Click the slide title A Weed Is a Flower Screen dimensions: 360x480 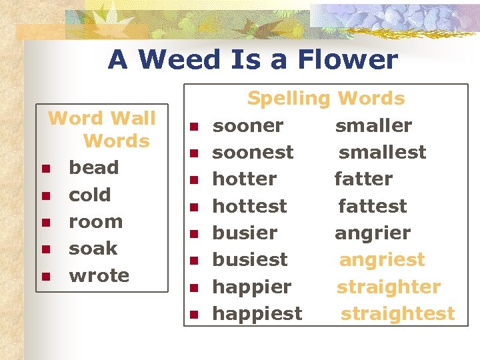click(253, 60)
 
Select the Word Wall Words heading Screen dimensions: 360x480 click(102, 129)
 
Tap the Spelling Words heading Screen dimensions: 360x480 click(326, 99)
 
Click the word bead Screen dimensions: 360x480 click(94, 168)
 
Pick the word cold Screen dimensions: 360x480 click(90, 195)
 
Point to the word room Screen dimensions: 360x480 click(96, 222)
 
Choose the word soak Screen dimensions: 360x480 click(93, 249)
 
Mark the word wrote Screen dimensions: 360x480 click(99, 275)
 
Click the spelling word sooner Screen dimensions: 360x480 click(247, 126)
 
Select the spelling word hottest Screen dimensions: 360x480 click(249, 207)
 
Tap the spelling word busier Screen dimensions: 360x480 click(245, 233)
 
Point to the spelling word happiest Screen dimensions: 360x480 click(257, 313)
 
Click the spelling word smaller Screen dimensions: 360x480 click(373, 126)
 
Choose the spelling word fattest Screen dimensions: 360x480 click(372, 207)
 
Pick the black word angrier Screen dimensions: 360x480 click(373, 233)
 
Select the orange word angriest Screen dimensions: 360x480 click(382, 260)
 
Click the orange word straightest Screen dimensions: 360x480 click(397, 313)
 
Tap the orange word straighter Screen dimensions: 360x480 click(388, 287)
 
